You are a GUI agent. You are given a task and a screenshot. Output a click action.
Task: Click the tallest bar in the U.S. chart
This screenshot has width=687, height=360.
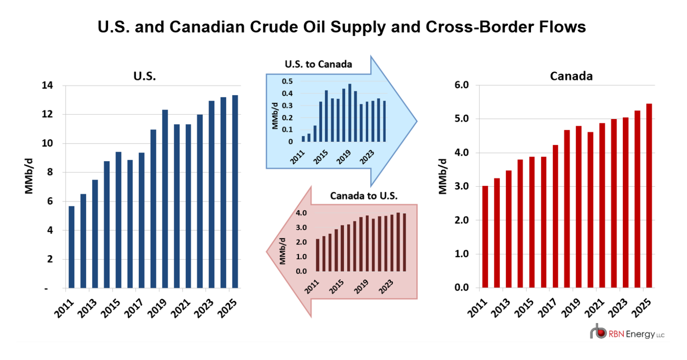click(x=235, y=191)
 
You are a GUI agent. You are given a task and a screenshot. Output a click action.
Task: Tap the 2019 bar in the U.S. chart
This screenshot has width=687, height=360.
click(x=165, y=199)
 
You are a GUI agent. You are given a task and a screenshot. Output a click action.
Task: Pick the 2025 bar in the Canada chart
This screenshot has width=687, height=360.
click(x=649, y=196)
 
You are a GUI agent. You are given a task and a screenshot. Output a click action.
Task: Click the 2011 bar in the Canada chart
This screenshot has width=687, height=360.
click(x=485, y=237)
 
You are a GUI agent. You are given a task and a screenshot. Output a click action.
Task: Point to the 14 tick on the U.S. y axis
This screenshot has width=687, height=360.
click(x=47, y=85)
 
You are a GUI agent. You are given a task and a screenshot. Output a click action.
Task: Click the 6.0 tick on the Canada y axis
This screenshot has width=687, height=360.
click(x=462, y=85)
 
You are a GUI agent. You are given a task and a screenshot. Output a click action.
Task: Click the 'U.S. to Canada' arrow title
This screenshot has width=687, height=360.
click(x=318, y=64)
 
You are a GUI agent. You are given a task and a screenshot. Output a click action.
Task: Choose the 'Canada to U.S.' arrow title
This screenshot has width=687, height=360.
click(x=364, y=196)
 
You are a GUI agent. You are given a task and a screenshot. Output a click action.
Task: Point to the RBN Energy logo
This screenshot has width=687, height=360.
click(x=627, y=333)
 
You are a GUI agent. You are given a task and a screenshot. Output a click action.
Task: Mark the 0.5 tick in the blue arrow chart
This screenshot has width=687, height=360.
click(x=287, y=81)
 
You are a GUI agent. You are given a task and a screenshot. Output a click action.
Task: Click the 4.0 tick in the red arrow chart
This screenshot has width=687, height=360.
click(x=301, y=213)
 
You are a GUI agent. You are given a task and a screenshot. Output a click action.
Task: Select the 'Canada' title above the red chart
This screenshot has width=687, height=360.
click(x=571, y=76)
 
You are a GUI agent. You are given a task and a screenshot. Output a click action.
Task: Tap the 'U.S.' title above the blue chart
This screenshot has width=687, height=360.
click(x=145, y=76)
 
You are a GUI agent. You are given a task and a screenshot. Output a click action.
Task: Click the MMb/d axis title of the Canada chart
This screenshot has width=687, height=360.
click(x=443, y=177)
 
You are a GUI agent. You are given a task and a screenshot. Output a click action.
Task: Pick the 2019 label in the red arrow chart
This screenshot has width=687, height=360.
click(x=361, y=286)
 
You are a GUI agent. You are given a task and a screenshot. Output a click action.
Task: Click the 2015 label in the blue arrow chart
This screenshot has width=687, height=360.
click(x=321, y=157)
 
